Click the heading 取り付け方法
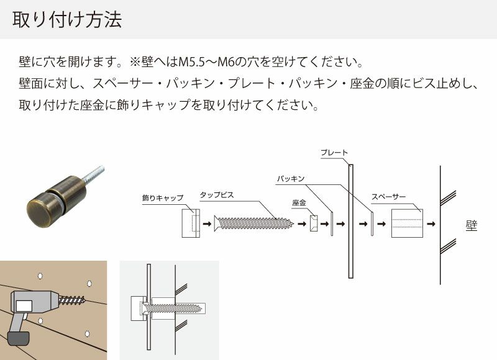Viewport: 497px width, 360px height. (66, 20)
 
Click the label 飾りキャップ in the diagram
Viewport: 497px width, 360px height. (163, 198)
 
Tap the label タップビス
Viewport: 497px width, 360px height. (217, 194)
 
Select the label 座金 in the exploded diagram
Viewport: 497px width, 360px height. (299, 202)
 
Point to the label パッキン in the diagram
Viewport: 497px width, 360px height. (291, 179)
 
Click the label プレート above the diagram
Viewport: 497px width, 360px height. (334, 153)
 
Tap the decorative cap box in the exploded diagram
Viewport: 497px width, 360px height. (190, 223)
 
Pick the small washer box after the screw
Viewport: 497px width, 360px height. (313, 223)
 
